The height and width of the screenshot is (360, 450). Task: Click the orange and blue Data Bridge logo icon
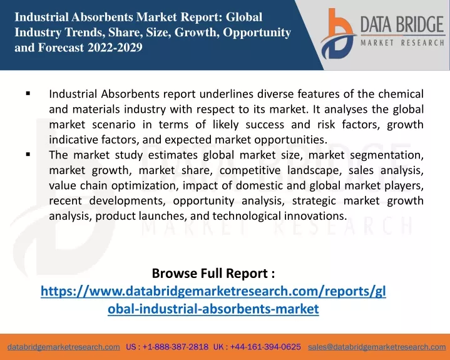(337, 34)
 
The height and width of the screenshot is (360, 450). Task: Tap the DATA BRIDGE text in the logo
(402, 24)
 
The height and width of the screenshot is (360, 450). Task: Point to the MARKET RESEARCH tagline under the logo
(402, 43)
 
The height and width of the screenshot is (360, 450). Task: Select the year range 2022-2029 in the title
(115, 48)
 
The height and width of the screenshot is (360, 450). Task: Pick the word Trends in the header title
(83, 32)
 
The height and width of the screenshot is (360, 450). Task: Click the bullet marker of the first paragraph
(28, 93)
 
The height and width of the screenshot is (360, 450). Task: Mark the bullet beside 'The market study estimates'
(28, 155)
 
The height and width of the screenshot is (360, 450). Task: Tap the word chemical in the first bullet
(401, 94)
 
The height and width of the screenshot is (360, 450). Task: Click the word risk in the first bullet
(326, 125)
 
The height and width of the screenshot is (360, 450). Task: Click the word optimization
(143, 186)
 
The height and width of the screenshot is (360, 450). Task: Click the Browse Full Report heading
(213, 273)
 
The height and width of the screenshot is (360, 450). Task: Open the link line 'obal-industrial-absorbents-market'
(213, 309)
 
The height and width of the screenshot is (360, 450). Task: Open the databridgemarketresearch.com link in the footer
(64, 347)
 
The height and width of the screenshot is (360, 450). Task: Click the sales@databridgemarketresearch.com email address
(377, 347)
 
